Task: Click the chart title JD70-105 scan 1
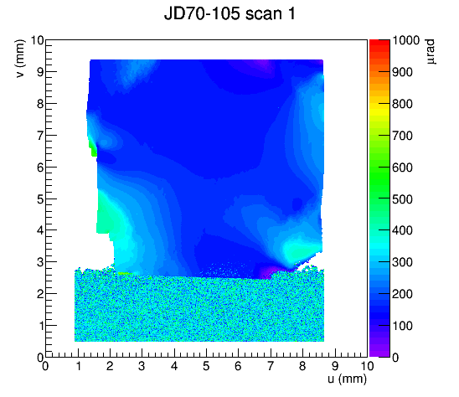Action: pyautogui.click(x=229, y=13)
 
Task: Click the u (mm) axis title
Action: pyautogui.click(x=347, y=379)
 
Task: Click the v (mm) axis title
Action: pyautogui.click(x=20, y=59)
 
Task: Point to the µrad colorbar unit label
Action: pyautogui.click(x=430, y=52)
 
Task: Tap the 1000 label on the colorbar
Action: pyautogui.click(x=405, y=40)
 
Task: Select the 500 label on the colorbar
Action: pyautogui.click(x=403, y=199)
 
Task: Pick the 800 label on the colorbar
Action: pyautogui.click(x=403, y=104)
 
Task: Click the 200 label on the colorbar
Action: pyautogui.click(x=403, y=294)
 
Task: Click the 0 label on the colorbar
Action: pyautogui.click(x=395, y=358)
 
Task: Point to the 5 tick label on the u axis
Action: pyautogui.click(x=206, y=366)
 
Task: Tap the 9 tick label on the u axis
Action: pyautogui.click(x=335, y=366)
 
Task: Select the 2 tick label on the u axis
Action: pyautogui.click(x=110, y=366)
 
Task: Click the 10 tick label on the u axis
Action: pyautogui.click(x=367, y=366)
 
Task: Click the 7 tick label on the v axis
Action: pyautogui.click(x=40, y=136)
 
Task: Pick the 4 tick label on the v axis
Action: pyautogui.click(x=40, y=230)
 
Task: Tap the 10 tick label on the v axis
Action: pyautogui.click(x=37, y=40)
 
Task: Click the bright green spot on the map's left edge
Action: pyautogui.click(x=94, y=149)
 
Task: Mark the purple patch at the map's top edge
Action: pyautogui.click(x=262, y=64)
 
